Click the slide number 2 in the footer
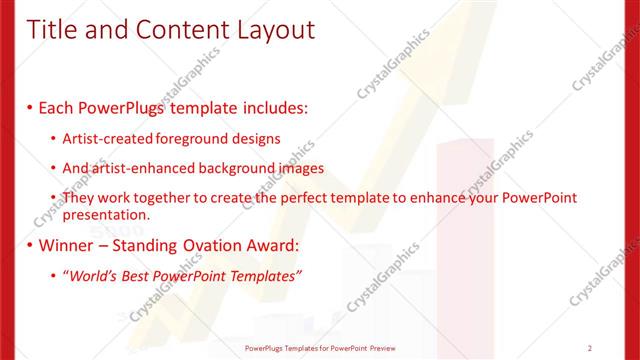590,348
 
